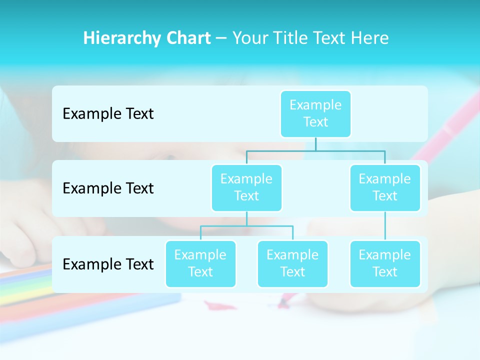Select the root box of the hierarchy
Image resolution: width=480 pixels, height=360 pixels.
pos(315,113)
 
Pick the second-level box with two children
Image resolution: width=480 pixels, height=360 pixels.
pos(246,187)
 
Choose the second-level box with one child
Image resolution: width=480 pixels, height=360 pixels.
pos(385,187)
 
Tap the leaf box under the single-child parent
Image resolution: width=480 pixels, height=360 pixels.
pos(385,263)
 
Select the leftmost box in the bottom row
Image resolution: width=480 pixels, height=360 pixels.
pos(200,263)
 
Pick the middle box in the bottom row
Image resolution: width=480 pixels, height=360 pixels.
pos(292,263)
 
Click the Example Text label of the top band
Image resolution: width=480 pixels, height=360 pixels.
pos(108,114)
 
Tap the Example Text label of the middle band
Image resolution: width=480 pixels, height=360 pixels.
pos(108,188)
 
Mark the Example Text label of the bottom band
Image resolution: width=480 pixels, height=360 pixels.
pos(108,264)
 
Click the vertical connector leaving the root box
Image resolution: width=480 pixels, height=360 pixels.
pos(315,144)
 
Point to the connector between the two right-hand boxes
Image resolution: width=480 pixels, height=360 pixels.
pos(385,226)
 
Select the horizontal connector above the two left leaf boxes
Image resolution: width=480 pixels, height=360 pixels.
pos(246,226)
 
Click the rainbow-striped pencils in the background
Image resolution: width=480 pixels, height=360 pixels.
pos(25,287)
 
